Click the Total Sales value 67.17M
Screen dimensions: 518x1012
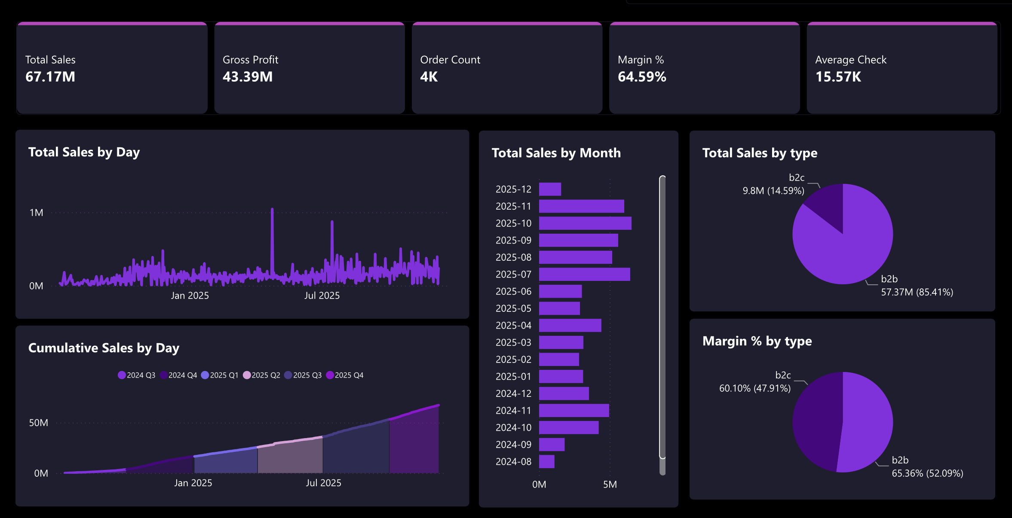50,77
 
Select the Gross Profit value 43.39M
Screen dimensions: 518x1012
248,77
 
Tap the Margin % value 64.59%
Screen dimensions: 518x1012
642,77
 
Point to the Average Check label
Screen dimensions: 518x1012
851,60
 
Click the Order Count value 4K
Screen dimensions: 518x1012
429,77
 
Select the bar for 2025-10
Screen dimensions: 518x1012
585,223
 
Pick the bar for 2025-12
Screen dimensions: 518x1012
550,189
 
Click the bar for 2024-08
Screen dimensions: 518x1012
546,462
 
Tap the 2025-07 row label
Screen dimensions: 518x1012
513,274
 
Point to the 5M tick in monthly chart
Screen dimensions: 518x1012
610,484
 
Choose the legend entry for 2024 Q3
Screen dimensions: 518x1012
137,375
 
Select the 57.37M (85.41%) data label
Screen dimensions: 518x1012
917,293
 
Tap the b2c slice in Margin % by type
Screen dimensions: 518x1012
817,421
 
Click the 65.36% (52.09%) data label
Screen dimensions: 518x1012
927,473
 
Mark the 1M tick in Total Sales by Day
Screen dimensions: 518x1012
37,213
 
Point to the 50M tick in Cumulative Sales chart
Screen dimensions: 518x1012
39,423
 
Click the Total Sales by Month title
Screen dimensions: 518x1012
556,153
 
